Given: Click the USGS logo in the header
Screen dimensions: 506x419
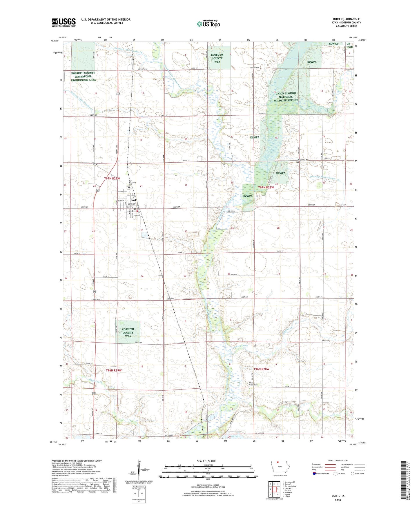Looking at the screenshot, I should [x=64, y=22].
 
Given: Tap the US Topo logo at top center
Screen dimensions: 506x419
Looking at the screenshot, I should [x=208, y=24].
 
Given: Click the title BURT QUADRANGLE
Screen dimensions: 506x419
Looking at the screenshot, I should [x=346, y=19].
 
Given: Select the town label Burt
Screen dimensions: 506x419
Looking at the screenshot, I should [x=133, y=200].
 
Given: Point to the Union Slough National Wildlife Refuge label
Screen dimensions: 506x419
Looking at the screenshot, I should [x=286, y=97].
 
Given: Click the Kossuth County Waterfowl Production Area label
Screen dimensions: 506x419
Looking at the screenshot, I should [x=83, y=77].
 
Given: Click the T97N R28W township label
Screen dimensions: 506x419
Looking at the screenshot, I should [x=266, y=188].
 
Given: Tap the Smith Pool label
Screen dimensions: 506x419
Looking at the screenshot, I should [x=292, y=59].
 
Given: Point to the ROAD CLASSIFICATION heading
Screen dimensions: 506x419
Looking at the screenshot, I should [x=338, y=461].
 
